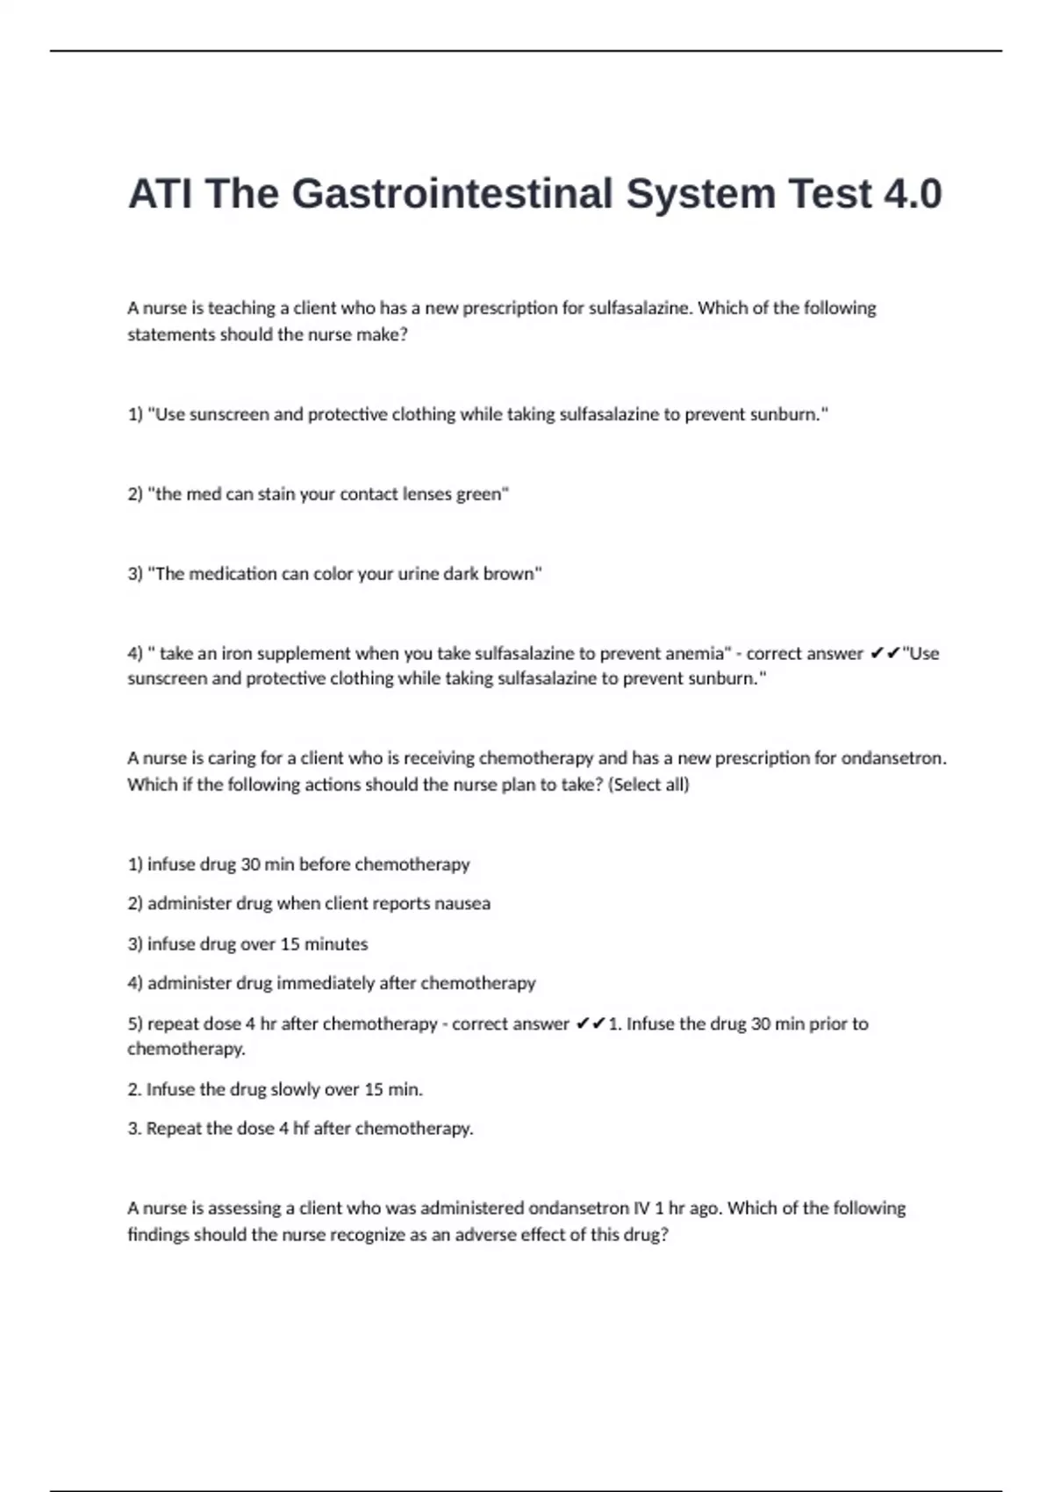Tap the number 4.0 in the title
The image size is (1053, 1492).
coord(913,194)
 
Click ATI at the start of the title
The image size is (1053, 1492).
coord(160,194)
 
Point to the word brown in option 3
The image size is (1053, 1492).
coord(512,574)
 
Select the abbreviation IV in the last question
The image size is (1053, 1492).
coord(641,1209)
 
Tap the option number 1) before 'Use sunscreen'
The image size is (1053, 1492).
coord(135,414)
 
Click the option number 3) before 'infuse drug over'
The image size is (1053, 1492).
coord(135,944)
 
